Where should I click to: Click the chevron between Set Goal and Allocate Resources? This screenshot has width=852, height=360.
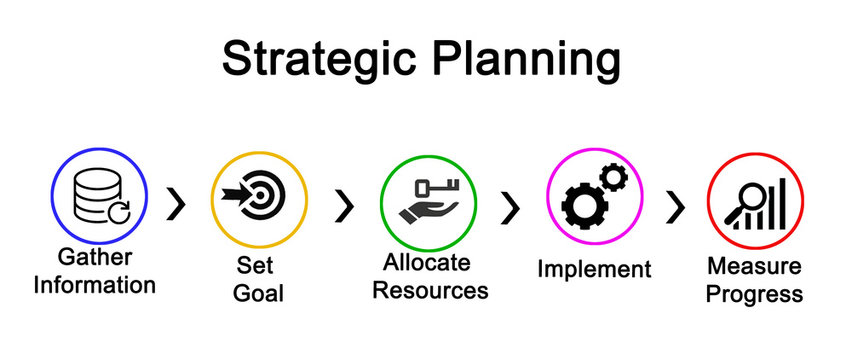pos(345,205)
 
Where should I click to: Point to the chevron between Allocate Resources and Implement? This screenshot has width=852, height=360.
pos(511,206)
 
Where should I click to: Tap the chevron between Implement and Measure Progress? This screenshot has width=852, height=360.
pos(677,206)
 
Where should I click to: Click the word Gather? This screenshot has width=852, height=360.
pos(95,257)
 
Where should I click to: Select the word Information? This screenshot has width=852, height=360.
pos(95,285)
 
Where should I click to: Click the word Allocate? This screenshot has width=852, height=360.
pos(427,262)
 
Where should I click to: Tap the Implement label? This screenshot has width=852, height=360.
pos(594,269)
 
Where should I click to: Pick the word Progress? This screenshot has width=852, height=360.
pos(755,294)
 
